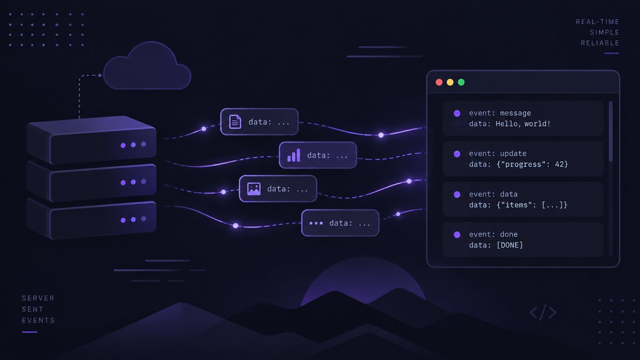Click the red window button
439,82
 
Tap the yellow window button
450,82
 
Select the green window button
461,82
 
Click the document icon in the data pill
235,122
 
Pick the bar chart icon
294,155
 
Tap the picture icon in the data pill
254,189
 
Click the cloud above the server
147,66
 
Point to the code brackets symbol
543,312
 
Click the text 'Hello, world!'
523,124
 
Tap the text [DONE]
510,245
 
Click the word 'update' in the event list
513,154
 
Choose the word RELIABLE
600,43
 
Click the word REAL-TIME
597,22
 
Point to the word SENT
33,309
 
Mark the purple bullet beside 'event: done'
457,235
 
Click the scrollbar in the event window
611,131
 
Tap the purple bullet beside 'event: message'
457,114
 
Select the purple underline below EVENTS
29,332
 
